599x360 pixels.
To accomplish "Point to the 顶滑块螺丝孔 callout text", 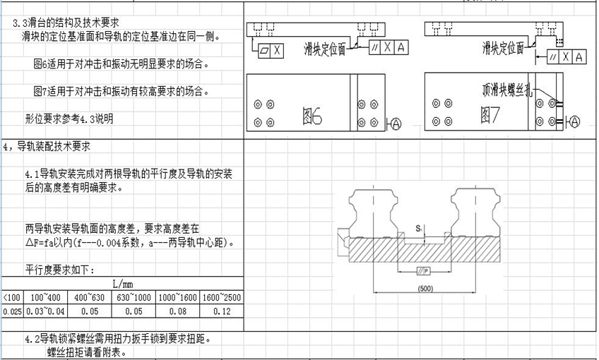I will point(503,90).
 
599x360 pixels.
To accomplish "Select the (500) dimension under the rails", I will point(425,289).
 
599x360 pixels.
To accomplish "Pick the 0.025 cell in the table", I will point(11,311).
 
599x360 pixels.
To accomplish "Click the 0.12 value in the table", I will point(221,311).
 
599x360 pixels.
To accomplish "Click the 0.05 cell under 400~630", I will point(90,311).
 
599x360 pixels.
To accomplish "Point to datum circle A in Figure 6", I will point(395,124).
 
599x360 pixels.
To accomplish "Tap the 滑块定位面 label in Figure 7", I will point(503,48).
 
